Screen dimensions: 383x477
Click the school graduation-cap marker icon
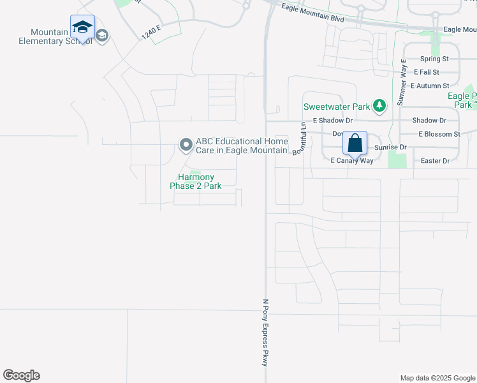[82, 27]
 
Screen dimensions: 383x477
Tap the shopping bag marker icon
[355, 143]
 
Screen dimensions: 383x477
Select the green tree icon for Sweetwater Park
[379, 106]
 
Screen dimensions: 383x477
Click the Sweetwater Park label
[336, 107]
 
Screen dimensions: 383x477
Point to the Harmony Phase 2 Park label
[196, 181]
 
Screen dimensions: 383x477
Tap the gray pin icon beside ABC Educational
[186, 145]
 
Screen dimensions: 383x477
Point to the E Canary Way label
[351, 161]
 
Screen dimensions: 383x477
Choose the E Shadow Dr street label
[332, 120]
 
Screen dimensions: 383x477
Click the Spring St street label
[436, 59]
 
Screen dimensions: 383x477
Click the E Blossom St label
[439, 134]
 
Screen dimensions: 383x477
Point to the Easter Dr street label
[436, 161]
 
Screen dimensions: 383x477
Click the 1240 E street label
[153, 32]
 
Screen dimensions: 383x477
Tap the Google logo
[21, 375]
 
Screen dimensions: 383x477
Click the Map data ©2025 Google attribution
[437, 378]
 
